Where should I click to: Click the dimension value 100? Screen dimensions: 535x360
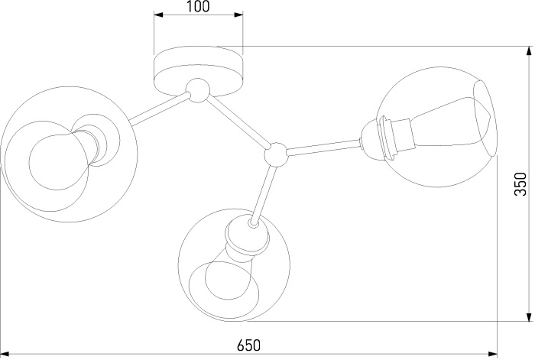pos(198,6)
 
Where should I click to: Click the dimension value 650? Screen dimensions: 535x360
pos(248,345)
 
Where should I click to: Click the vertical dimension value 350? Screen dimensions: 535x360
pos(520,184)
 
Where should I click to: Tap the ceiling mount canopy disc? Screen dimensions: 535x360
pos(198,71)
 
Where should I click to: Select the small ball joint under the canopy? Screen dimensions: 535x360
pos(197,90)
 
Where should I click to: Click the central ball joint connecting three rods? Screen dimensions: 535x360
pos(276,154)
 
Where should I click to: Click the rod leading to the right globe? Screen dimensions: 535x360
pos(324,146)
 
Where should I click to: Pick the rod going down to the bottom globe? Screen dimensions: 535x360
pos(264,194)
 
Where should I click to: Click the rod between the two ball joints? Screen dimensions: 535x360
pos(237,122)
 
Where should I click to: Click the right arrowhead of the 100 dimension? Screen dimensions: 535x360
pos(238,15)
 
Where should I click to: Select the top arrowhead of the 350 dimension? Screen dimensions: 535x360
pos(529,51)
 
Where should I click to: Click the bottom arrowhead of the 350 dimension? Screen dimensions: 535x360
pos(529,316)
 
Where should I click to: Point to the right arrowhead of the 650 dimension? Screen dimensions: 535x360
pos(492,355)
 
